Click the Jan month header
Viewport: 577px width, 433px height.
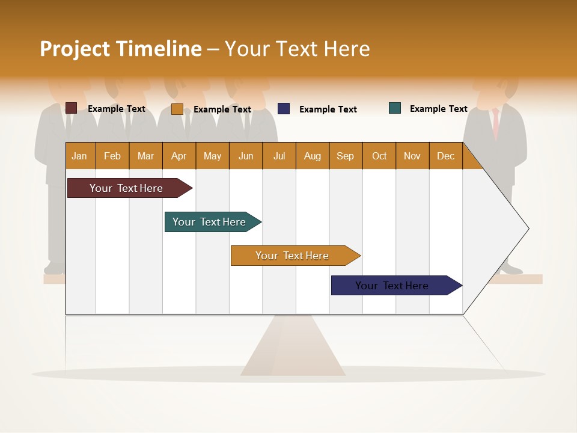80,156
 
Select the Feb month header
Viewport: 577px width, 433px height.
112,156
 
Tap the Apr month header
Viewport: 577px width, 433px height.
179,156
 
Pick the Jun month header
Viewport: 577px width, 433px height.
246,156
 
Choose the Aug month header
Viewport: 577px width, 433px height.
313,156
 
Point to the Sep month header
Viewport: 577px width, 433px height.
346,156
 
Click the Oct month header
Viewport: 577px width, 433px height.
379,156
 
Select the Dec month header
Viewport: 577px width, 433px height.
446,156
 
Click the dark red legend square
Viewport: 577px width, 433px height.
71,108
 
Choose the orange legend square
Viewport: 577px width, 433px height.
177,109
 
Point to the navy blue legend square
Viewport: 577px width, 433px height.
284,109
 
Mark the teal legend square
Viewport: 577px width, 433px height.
395,108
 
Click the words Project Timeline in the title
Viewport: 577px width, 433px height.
121,49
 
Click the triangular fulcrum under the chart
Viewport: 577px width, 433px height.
293,352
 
